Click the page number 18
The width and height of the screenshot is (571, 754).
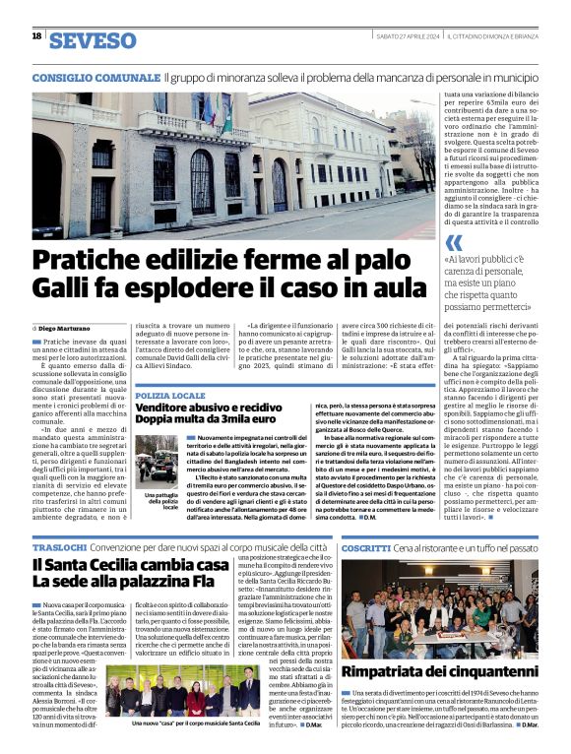point(36,36)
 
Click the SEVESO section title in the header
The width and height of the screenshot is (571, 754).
point(93,40)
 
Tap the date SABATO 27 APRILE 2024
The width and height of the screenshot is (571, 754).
point(408,36)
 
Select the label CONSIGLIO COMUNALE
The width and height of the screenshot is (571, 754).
point(95,77)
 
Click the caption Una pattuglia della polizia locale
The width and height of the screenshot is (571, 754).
point(157,501)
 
